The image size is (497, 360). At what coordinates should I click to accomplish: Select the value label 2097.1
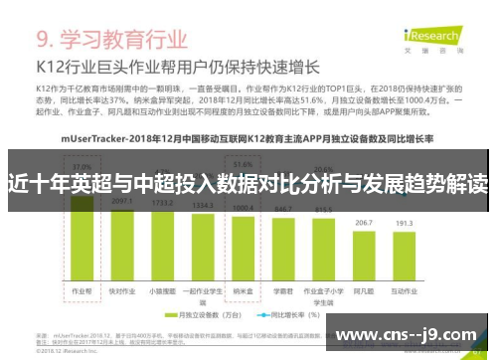123,201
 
